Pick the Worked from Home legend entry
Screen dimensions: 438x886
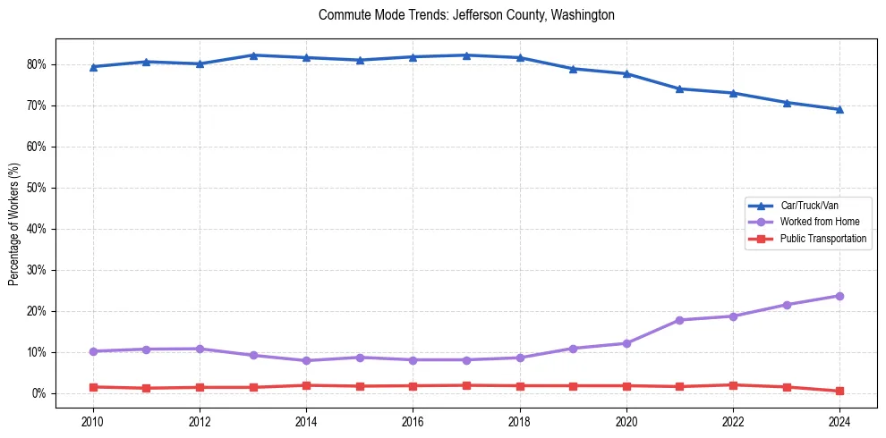(x=815, y=222)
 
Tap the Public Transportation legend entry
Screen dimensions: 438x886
(x=822, y=239)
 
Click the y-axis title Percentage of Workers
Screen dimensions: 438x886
(x=13, y=223)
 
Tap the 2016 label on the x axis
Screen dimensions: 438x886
(x=413, y=421)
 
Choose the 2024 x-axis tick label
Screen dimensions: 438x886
(x=839, y=421)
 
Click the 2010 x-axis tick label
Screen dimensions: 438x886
(x=92, y=421)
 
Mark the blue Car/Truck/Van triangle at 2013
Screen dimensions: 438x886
(x=253, y=55)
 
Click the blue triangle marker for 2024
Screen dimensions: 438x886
(x=839, y=109)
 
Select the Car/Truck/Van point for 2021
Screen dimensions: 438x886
(x=679, y=88)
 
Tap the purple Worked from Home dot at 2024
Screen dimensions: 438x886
(x=839, y=296)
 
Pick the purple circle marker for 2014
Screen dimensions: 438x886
(x=306, y=361)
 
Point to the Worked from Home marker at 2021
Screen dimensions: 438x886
(x=679, y=320)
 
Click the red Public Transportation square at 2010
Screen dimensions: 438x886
(x=92, y=387)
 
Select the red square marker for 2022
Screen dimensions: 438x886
(x=733, y=385)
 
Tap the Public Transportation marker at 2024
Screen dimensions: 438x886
(x=839, y=392)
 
